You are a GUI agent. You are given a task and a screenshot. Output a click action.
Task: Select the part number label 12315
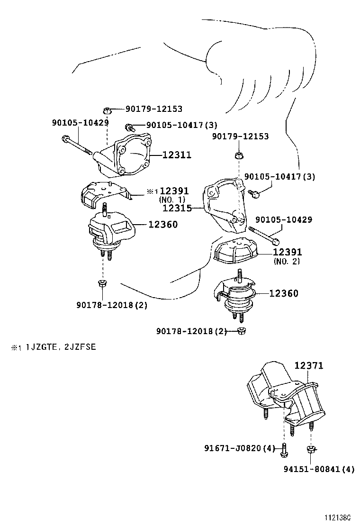click(x=177, y=208)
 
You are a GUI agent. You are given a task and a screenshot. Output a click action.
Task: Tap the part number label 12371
click(x=309, y=366)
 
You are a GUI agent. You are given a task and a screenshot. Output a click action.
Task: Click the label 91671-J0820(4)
click(x=240, y=448)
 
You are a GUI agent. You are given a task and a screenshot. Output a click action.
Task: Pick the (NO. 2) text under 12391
click(x=287, y=261)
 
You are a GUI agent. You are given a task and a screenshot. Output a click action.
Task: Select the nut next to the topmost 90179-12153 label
click(x=108, y=109)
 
